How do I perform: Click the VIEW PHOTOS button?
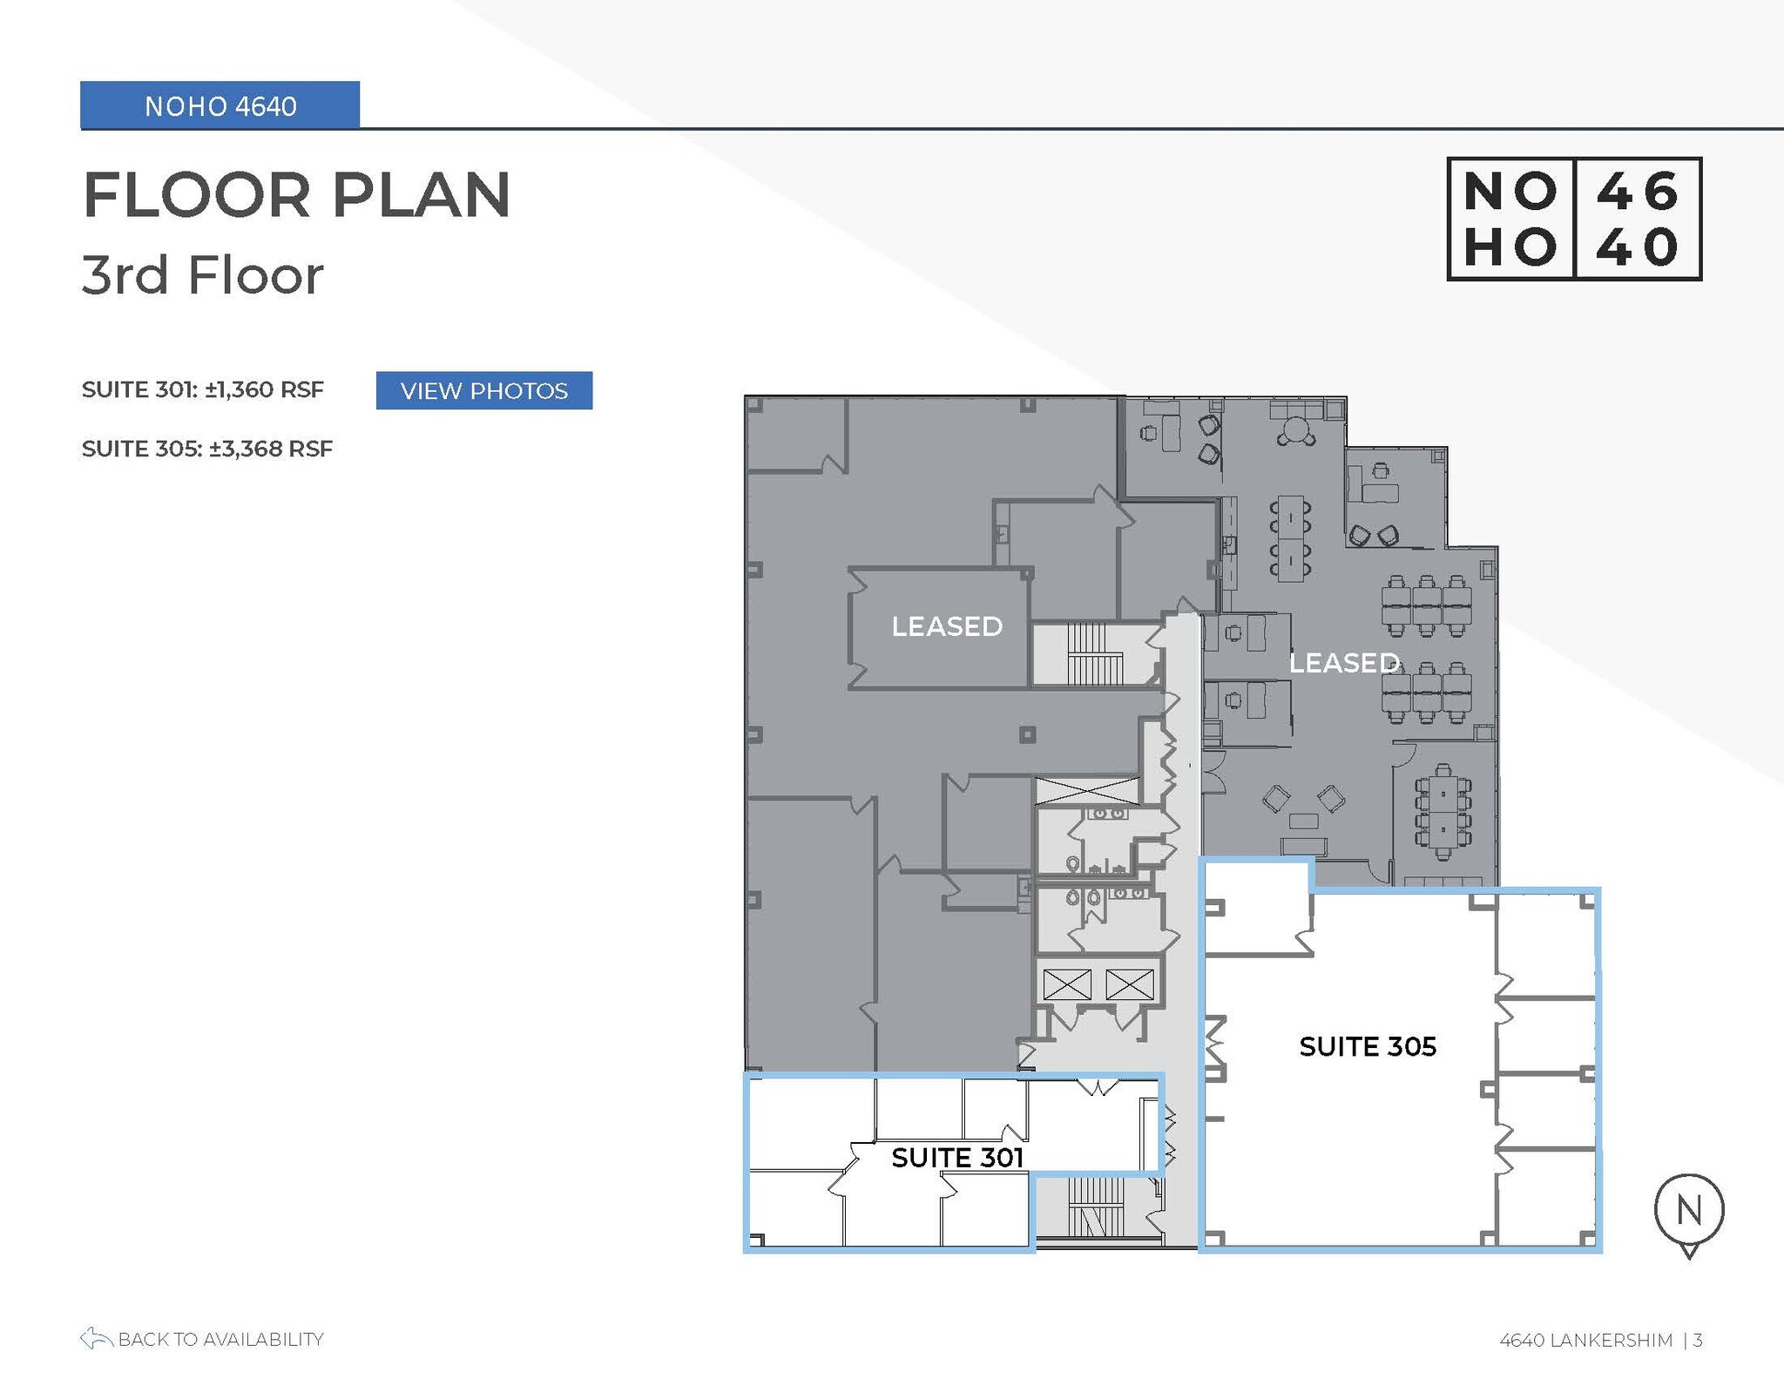click(483, 390)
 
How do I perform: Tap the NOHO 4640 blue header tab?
click(220, 105)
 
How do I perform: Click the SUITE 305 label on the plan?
click(1367, 1046)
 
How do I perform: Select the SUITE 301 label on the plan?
click(956, 1157)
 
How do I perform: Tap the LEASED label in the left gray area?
click(946, 626)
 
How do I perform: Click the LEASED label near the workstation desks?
click(1343, 663)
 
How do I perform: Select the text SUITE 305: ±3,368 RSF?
click(206, 449)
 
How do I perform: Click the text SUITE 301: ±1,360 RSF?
click(202, 389)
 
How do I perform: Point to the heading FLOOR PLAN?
click(296, 194)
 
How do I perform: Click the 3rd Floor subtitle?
click(202, 275)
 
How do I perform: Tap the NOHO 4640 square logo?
click(1573, 219)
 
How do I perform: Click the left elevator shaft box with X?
click(1066, 985)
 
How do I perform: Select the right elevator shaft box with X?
click(1129, 985)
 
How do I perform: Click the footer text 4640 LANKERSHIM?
click(1585, 1340)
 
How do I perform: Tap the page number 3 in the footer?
click(1698, 1340)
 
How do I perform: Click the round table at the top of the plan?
click(1296, 430)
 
